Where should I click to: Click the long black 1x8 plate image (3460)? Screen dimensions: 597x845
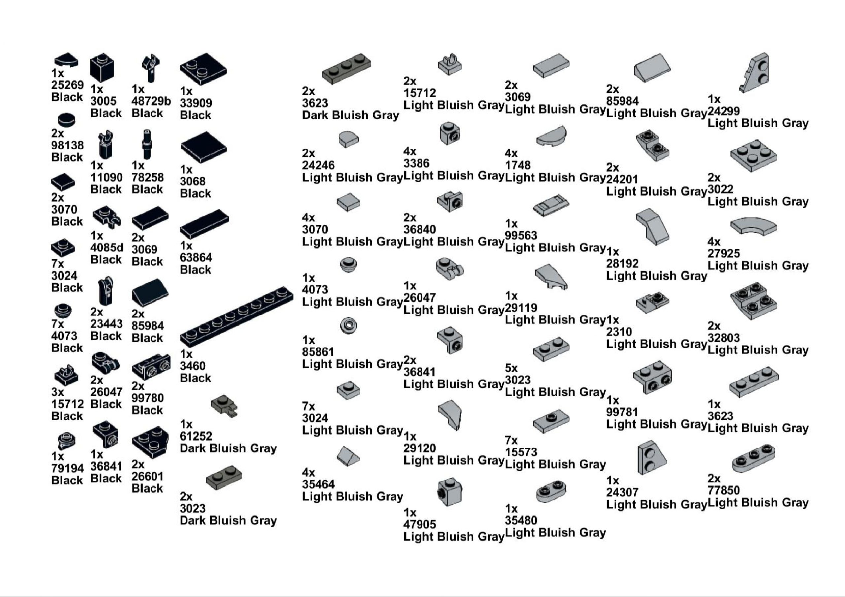[236, 316]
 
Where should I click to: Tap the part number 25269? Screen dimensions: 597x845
[67, 85]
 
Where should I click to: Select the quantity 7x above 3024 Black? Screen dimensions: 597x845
[58, 264]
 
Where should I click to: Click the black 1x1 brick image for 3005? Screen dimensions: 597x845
[102, 68]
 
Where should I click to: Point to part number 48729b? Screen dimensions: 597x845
[151, 101]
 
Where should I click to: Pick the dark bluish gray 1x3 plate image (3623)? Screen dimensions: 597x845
[346, 69]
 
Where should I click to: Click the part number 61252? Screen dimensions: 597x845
[196, 436]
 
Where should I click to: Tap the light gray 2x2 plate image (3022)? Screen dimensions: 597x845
[753, 155]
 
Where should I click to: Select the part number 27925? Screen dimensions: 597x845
[724, 253]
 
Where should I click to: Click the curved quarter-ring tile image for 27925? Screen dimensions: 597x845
[753, 226]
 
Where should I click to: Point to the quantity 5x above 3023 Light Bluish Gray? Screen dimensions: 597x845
[511, 368]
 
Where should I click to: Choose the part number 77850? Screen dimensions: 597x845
[724, 490]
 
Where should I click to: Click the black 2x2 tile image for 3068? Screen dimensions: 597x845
[203, 147]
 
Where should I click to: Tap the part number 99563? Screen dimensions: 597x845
[521, 235]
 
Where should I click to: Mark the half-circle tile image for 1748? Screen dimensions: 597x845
[551, 137]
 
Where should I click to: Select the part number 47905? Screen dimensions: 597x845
[420, 524]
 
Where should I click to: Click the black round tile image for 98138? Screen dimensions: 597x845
[67, 119]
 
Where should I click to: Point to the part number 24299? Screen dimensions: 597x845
[724, 111]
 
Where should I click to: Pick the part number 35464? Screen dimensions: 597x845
[318, 484]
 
